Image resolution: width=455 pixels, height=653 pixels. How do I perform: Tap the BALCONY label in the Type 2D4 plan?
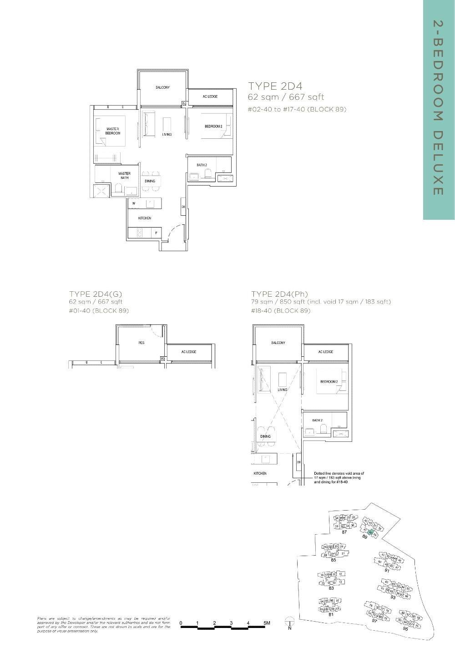tap(162, 87)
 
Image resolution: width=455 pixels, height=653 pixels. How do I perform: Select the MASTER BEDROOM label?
tap(113, 131)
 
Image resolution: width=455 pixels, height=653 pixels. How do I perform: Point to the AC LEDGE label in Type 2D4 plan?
tap(210, 96)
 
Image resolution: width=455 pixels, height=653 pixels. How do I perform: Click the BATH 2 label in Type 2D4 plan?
tap(202, 165)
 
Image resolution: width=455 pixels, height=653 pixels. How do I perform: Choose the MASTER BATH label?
tap(124, 175)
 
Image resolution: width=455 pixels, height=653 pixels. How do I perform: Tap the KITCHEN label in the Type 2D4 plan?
tap(145, 218)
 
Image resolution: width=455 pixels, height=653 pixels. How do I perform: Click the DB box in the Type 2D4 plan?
tap(183, 208)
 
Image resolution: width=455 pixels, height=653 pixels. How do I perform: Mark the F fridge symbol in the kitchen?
tap(156, 233)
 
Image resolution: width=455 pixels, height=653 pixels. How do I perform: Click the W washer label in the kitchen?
tap(134, 203)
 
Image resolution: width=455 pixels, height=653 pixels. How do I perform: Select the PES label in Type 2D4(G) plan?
tap(142, 343)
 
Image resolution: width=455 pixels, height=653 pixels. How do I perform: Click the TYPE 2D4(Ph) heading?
tap(276, 294)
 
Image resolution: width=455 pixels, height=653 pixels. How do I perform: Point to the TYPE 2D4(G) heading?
tap(96, 294)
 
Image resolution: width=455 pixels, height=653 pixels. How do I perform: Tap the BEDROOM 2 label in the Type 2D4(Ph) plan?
tap(329, 382)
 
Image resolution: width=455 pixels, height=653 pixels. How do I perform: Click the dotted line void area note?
tap(339, 477)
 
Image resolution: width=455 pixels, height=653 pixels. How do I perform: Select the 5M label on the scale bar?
tap(266, 623)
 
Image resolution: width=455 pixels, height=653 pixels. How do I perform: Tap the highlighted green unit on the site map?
tap(371, 532)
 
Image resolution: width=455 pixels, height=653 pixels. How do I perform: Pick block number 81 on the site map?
tap(331, 615)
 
